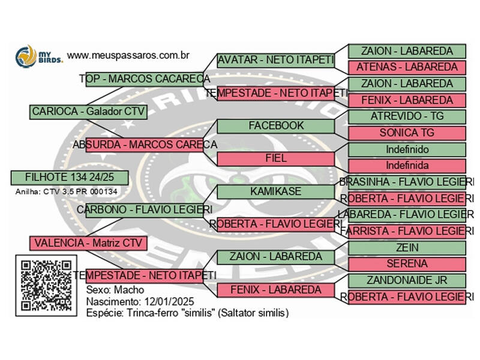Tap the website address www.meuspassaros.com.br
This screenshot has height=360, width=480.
point(128,55)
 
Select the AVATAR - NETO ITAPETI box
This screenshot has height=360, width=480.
point(275,60)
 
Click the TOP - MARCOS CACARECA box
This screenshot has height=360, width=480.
point(145,79)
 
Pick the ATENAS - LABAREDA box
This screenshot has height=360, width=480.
point(407,67)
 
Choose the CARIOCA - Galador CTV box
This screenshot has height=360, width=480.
point(88,112)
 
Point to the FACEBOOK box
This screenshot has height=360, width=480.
point(275,126)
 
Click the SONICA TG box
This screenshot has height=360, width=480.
point(407,133)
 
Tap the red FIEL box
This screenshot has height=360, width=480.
point(275,159)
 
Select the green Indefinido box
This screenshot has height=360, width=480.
point(407,149)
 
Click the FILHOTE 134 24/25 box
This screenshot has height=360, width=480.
point(70,177)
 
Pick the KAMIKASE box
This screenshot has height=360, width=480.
point(275,191)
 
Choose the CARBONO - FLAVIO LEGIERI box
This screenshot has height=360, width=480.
point(145,210)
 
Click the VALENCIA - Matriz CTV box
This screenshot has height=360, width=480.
point(88,243)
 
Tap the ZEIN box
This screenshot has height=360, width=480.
point(407,248)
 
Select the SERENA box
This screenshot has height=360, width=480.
point(407,264)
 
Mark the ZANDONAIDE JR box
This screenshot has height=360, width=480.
point(407,280)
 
